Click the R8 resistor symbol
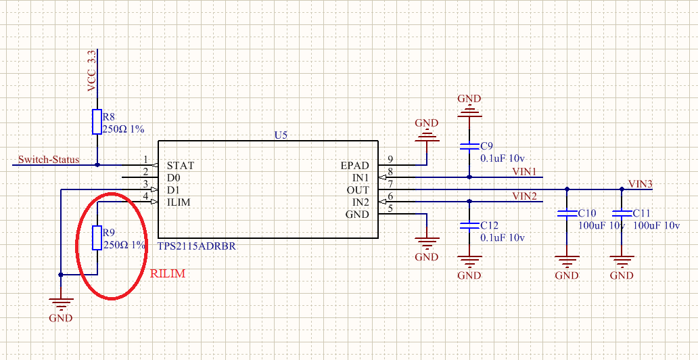click(97, 122)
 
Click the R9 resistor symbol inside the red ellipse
click(97, 238)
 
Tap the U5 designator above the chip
click(281, 135)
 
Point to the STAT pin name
click(181, 165)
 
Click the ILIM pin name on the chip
click(180, 202)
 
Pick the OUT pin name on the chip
click(358, 190)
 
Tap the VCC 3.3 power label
click(91, 70)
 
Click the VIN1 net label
click(524, 172)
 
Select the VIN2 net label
click(524, 196)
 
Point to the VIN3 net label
click(641, 184)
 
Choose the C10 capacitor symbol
click(567, 214)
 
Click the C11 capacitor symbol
click(622, 214)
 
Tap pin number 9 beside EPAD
click(390, 160)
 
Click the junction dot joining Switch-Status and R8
click(97, 164)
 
